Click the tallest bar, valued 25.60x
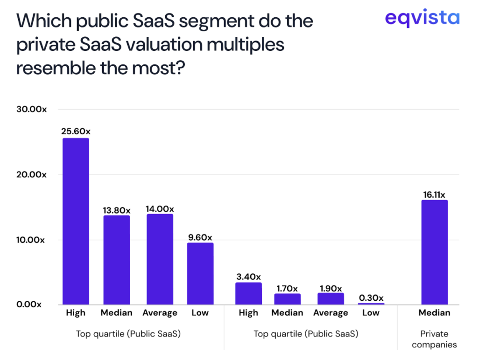(x=76, y=222)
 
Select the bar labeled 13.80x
(x=117, y=260)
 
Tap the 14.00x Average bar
(x=160, y=259)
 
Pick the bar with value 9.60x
(x=200, y=274)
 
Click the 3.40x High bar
(x=248, y=294)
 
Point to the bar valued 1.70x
(x=287, y=299)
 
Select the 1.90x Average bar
(x=330, y=298)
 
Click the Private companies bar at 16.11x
(x=435, y=252)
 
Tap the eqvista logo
(x=422, y=19)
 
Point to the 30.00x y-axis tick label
(x=31, y=109)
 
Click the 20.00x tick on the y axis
(x=31, y=174)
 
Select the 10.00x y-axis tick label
(x=31, y=240)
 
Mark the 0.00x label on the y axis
(x=29, y=305)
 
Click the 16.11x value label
(x=435, y=194)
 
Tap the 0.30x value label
(x=371, y=298)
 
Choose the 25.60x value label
(x=76, y=132)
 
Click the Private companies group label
(x=434, y=339)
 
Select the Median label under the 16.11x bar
(x=435, y=313)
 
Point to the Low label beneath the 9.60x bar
(x=200, y=313)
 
